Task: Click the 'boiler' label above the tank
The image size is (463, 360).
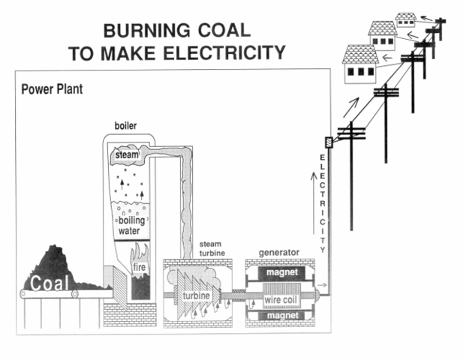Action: point(125,124)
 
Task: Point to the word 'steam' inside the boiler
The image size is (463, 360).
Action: point(128,155)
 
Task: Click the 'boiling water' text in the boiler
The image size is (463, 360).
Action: point(131,226)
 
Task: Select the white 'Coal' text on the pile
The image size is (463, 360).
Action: point(48,283)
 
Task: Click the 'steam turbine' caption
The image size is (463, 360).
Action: point(215,250)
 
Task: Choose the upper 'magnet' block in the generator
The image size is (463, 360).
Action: point(281,274)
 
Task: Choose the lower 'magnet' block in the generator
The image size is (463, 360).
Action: point(281,316)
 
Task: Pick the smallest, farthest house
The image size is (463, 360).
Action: point(406,20)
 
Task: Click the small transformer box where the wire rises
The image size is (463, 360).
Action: point(327,142)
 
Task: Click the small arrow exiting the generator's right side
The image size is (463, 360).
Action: point(321,285)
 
